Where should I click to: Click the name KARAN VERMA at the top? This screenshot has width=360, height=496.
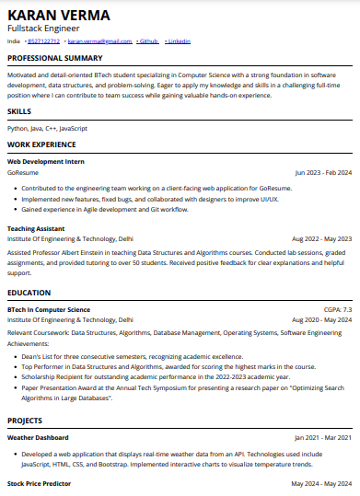58,15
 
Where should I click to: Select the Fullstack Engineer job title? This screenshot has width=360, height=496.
44,29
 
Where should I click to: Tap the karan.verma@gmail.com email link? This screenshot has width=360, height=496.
99,41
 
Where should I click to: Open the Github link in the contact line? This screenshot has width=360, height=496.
147,41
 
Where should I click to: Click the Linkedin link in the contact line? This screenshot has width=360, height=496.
180,41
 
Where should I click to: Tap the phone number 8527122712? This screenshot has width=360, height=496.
43,41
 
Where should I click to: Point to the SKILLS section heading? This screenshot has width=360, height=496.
19,110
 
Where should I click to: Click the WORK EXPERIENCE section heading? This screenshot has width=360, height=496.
41,145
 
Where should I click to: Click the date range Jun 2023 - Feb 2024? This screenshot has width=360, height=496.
323,172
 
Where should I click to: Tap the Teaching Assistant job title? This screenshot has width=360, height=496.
36,227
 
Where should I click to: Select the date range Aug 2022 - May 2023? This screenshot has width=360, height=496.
321,237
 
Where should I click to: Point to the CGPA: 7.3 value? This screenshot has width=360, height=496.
337,310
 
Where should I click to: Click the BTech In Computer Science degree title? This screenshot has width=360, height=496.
49,310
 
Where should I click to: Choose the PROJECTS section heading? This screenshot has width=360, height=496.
25,420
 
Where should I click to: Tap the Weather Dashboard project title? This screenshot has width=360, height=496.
38,437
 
